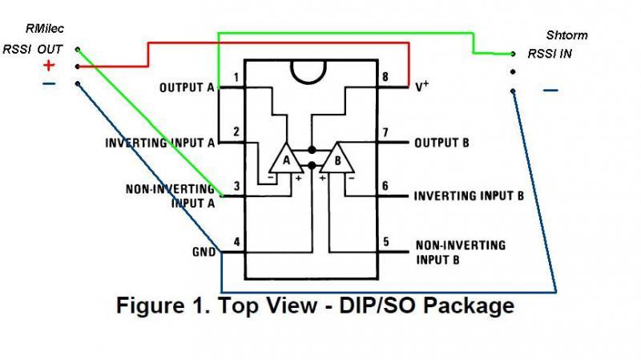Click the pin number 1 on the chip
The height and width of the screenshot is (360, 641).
click(236, 77)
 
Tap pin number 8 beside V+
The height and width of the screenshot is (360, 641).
click(386, 77)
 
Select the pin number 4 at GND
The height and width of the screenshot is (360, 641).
click(236, 241)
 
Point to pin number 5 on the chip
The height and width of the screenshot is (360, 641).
click(386, 241)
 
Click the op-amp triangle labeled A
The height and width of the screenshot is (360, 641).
click(284, 160)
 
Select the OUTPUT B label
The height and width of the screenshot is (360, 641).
click(441, 144)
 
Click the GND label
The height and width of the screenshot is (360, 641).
click(204, 252)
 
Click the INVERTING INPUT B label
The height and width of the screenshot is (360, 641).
click(469, 195)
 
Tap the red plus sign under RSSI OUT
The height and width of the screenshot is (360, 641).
click(49, 67)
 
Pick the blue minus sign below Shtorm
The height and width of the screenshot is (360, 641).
click(550, 91)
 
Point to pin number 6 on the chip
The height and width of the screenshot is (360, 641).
click(386, 186)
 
